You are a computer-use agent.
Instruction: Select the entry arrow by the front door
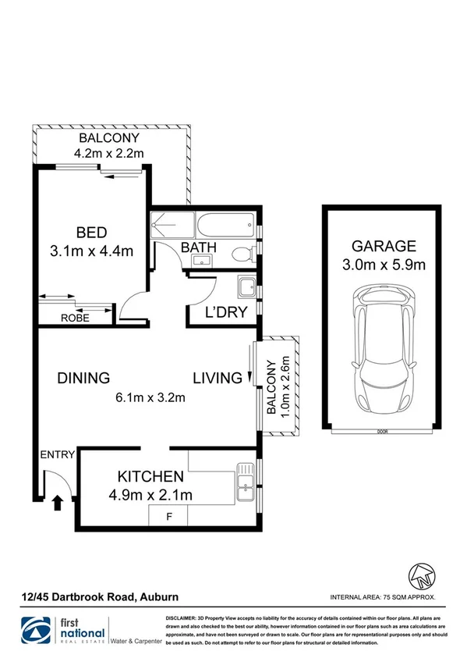pyautogui.click(x=58, y=503)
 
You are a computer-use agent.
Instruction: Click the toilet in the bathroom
pyautogui.click(x=245, y=251)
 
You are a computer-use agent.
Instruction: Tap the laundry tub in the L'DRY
pyautogui.click(x=246, y=287)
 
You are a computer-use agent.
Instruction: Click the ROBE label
pyautogui.click(x=75, y=318)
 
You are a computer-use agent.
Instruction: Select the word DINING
pyautogui.click(x=83, y=379)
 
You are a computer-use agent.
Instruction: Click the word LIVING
pyautogui.click(x=218, y=379)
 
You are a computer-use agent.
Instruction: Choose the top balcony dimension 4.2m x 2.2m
pyautogui.click(x=109, y=153)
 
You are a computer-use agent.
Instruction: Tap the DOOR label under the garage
pyautogui.click(x=381, y=430)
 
